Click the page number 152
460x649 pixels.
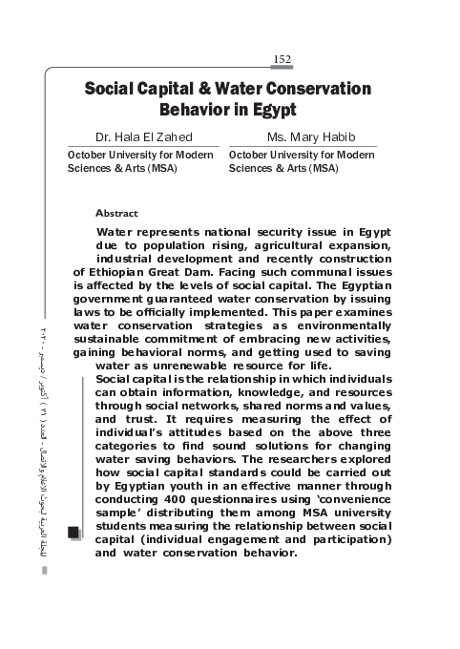(282, 59)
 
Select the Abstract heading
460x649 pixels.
(117, 213)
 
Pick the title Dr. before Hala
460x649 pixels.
(103, 136)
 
